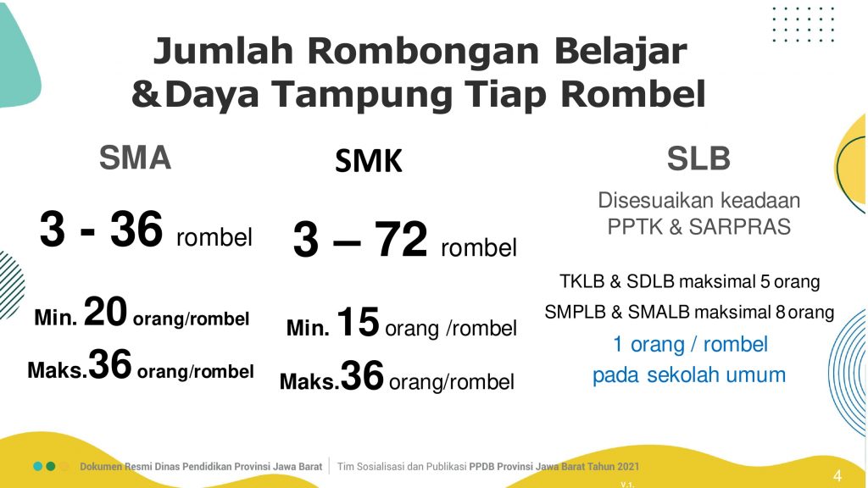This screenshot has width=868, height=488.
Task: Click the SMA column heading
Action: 135,158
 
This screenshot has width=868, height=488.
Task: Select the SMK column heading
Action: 369,161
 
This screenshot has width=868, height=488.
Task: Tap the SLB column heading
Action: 698,158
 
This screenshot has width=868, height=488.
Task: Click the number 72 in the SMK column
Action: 401,239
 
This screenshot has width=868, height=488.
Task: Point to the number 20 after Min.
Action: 105,312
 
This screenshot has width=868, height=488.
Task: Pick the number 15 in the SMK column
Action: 358,321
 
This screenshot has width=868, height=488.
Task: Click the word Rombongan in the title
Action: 423,51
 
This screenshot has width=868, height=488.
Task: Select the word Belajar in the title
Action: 620,51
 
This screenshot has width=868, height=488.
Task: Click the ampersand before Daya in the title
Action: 146,94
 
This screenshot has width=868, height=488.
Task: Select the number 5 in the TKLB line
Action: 765,281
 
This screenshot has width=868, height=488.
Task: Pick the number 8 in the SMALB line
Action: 781,312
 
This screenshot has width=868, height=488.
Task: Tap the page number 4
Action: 837,475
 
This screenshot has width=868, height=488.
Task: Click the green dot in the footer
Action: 50,467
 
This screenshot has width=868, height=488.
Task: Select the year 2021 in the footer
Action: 626,467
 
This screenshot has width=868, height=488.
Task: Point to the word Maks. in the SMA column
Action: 57,370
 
